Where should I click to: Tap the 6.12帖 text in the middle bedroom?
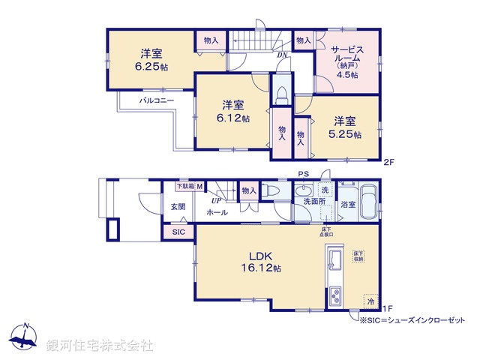(x=231, y=117)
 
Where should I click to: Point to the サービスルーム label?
(x=346, y=53)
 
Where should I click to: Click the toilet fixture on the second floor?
(x=281, y=94)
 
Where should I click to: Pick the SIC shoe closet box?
(x=178, y=232)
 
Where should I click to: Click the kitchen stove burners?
(x=334, y=295)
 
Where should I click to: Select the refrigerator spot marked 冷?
(x=370, y=301)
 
